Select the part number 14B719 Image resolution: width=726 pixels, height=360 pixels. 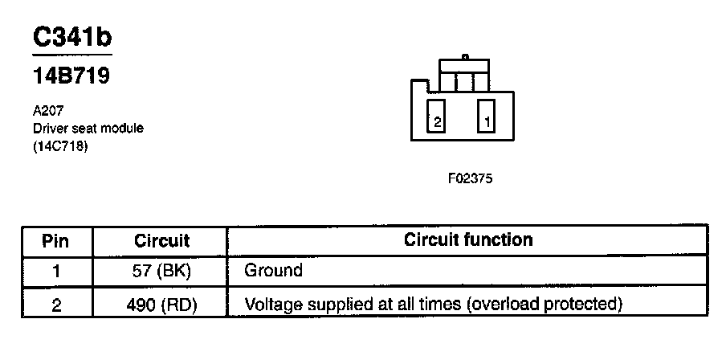(71, 77)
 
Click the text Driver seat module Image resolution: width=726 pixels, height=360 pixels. (88, 129)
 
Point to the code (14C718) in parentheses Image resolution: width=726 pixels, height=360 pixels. (60, 145)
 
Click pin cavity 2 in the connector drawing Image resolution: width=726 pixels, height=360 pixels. (436, 117)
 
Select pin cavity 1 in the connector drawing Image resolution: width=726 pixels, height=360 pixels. (487, 117)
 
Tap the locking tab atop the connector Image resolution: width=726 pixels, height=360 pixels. (465, 58)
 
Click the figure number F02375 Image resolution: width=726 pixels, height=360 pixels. (470, 178)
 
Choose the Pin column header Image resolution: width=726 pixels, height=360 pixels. (55, 240)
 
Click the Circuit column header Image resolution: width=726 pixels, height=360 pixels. (161, 240)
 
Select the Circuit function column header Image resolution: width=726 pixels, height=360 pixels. (467, 239)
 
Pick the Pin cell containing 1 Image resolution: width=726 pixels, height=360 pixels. (55, 270)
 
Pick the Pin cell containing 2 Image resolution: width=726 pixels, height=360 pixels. (55, 304)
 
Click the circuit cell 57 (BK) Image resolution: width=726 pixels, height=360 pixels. (161, 270)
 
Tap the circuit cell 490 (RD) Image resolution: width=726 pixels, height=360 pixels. (161, 304)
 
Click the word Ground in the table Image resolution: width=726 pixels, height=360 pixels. (273, 270)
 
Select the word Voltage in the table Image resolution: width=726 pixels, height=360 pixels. (270, 304)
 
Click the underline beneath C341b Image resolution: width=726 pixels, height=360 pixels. (71, 55)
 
